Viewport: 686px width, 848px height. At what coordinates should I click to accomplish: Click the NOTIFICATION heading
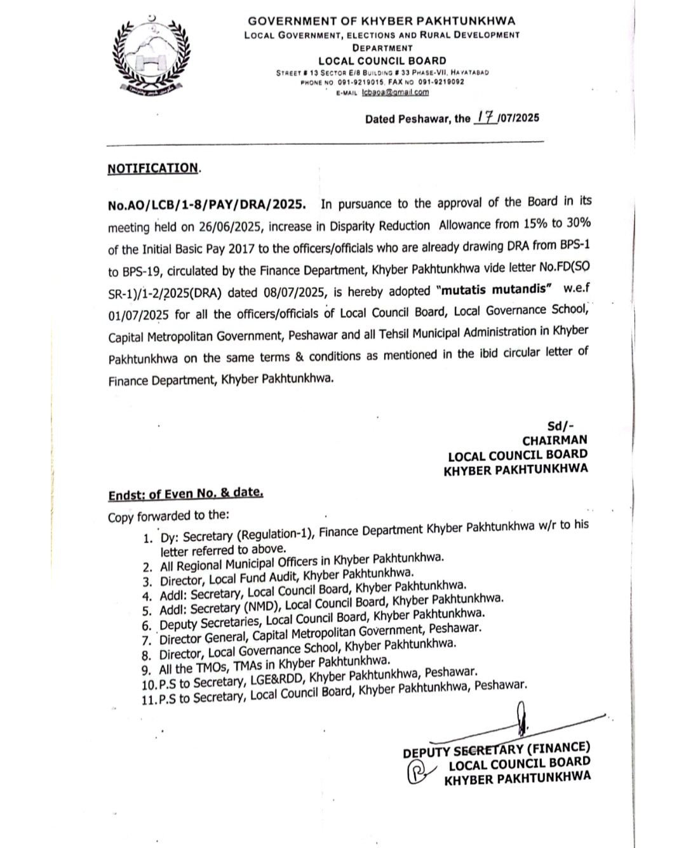pyautogui.click(x=153, y=168)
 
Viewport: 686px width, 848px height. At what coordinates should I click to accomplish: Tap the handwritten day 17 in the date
pyautogui.click(x=486, y=118)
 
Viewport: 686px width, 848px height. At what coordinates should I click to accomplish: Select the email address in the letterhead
pyautogui.click(x=395, y=92)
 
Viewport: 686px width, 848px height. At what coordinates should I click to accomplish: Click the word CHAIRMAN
pyautogui.click(x=555, y=440)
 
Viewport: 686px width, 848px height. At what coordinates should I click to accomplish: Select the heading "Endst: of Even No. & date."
pyautogui.click(x=185, y=493)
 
